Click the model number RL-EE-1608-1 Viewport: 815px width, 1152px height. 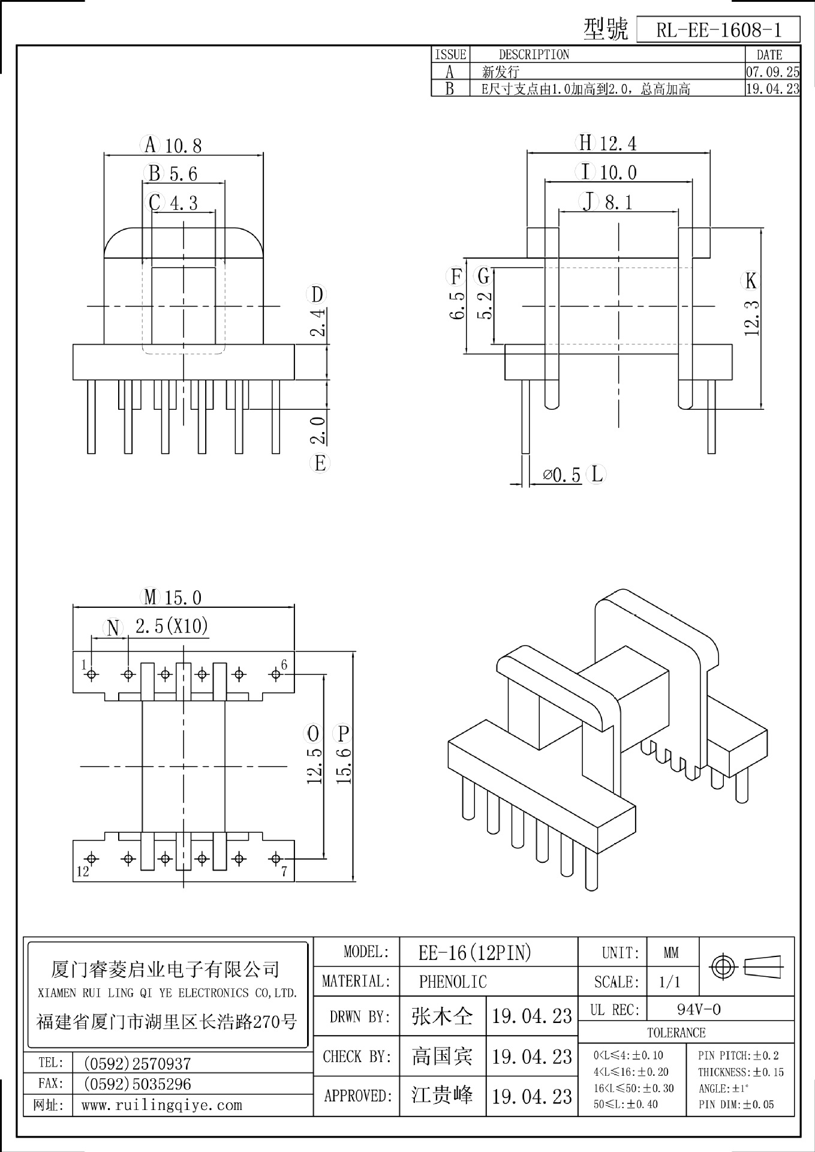(x=718, y=30)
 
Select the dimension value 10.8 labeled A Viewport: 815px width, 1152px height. (x=184, y=146)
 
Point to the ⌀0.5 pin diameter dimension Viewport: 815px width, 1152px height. (x=562, y=475)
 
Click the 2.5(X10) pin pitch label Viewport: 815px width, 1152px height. (x=172, y=626)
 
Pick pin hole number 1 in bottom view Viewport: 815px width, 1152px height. (x=92, y=674)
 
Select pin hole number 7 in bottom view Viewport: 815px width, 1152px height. (x=276, y=859)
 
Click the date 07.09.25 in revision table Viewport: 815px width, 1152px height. (x=772, y=72)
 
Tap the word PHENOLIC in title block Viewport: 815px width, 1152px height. (x=453, y=982)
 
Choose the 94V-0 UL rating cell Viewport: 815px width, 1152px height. (x=699, y=1010)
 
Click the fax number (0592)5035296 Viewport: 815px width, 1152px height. (x=137, y=1084)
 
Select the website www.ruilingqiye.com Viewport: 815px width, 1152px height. (x=161, y=1105)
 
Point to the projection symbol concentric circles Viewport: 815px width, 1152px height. (x=722, y=967)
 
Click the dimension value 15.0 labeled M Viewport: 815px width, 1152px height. (x=183, y=598)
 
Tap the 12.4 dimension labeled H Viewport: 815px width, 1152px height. (x=618, y=143)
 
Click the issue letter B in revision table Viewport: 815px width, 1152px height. (x=449, y=89)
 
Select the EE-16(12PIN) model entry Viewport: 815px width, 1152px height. (x=475, y=953)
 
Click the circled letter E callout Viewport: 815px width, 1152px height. (x=320, y=463)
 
